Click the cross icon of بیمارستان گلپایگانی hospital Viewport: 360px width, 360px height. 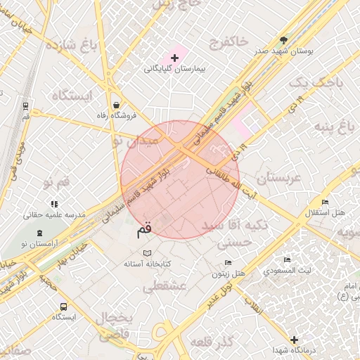click(175, 56)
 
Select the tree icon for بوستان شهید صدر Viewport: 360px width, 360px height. click(284, 40)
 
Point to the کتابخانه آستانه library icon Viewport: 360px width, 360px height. click(147, 253)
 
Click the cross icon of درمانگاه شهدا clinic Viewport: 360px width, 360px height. click(294, 340)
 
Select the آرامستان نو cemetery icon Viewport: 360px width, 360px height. click(39, 231)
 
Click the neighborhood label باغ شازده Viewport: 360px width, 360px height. click(69, 46)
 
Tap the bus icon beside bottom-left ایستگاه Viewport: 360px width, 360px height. click(63, 307)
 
